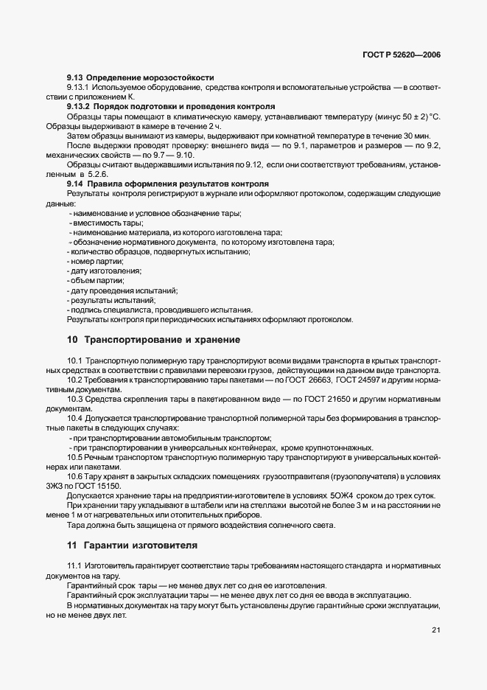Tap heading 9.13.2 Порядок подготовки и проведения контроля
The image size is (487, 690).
171,106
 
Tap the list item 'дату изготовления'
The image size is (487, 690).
102,271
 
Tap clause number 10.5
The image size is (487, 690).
74,456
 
